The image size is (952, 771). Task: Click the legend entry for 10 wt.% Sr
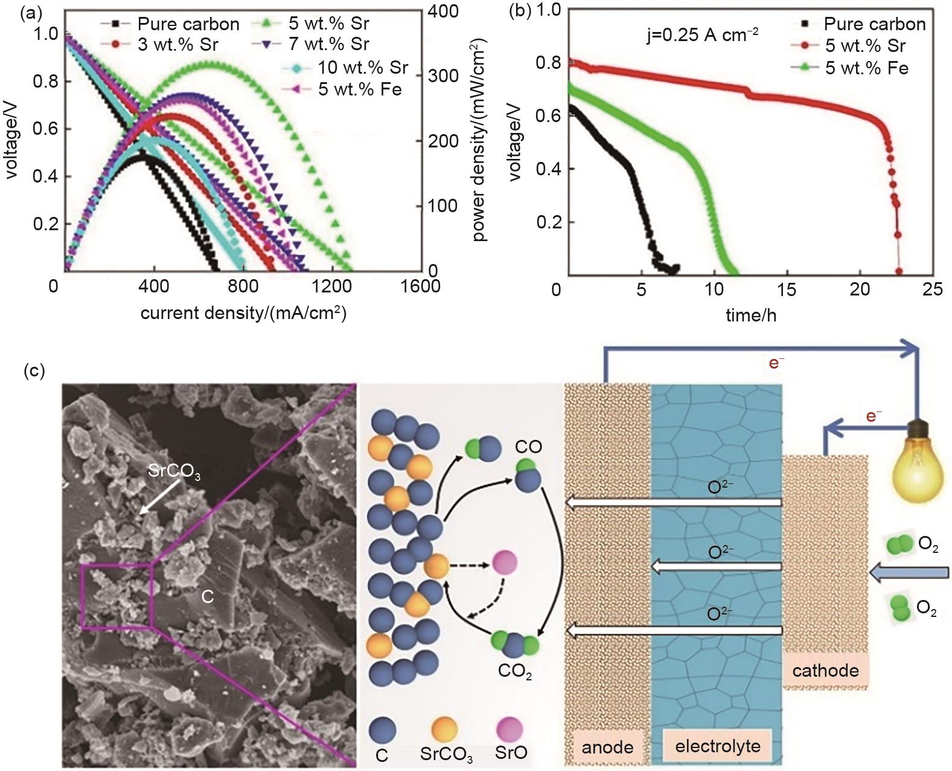pyautogui.click(x=362, y=67)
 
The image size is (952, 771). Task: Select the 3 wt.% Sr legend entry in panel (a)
pyautogui.click(x=177, y=45)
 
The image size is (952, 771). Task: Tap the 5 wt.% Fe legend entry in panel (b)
pyautogui.click(x=866, y=68)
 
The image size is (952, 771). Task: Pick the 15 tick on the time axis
pyautogui.click(x=787, y=289)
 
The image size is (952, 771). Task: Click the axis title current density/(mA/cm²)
pyautogui.click(x=243, y=313)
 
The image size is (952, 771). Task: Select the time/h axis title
pyautogui.click(x=750, y=315)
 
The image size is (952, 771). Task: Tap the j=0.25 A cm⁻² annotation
pyautogui.click(x=702, y=35)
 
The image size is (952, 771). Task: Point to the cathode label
pyautogui.click(x=825, y=670)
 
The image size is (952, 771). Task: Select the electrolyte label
pyautogui.click(x=717, y=746)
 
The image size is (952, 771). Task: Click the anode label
pyautogui.click(x=607, y=747)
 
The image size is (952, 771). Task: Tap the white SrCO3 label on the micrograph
pyautogui.click(x=174, y=471)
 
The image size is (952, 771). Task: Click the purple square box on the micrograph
pyautogui.click(x=117, y=596)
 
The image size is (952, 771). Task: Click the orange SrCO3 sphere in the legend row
pyautogui.click(x=444, y=730)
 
